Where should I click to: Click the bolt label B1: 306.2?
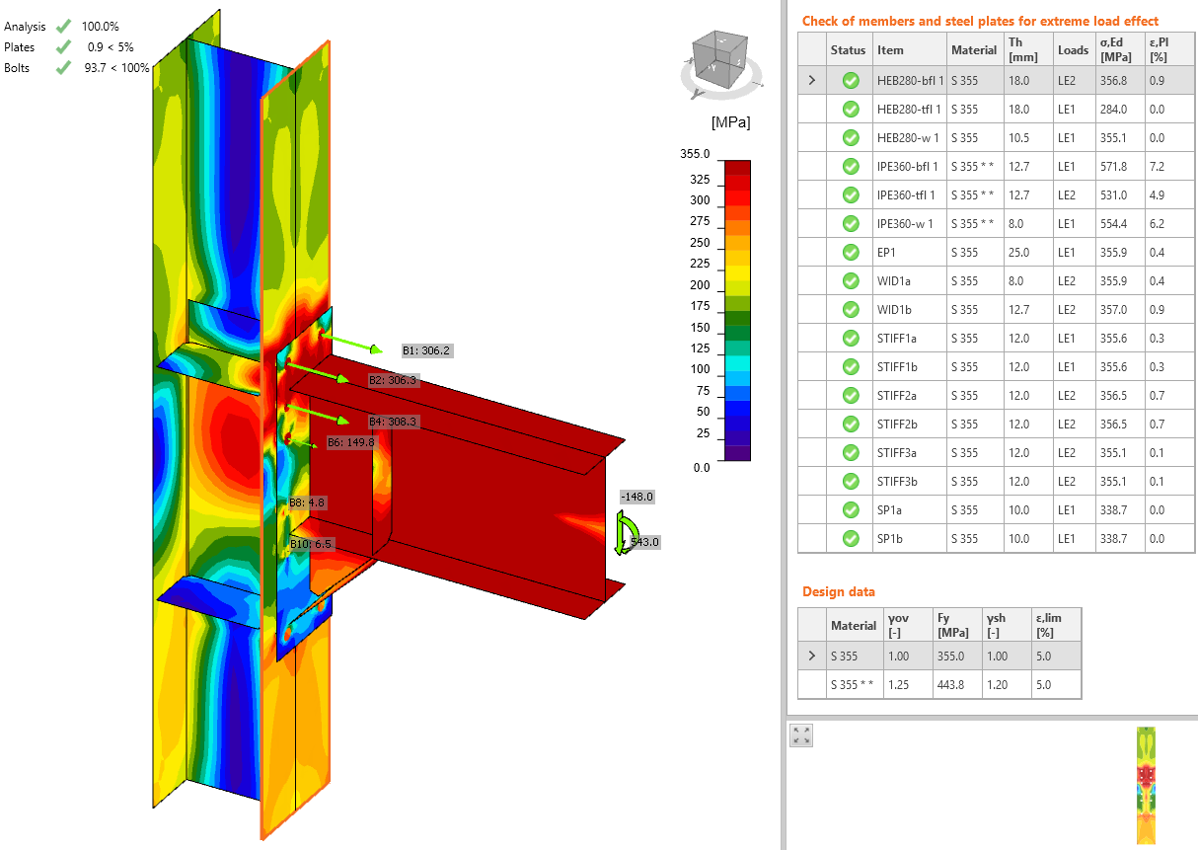click(x=426, y=350)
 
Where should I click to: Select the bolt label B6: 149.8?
click(x=350, y=442)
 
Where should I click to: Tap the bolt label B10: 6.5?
click(x=311, y=544)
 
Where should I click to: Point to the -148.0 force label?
click(x=636, y=497)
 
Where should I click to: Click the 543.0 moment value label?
click(x=644, y=542)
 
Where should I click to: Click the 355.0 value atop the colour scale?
click(x=695, y=154)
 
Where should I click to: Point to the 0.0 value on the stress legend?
click(x=701, y=467)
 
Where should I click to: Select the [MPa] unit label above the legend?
click(x=729, y=123)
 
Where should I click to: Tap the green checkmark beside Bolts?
click(x=63, y=67)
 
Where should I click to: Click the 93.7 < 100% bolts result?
click(x=116, y=67)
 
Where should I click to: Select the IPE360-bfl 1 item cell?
click(x=907, y=166)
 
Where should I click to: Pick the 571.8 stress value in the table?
click(x=1118, y=166)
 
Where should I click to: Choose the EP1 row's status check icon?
click(x=850, y=252)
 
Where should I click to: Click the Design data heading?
click(x=838, y=591)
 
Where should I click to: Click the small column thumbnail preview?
click(x=1146, y=786)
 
